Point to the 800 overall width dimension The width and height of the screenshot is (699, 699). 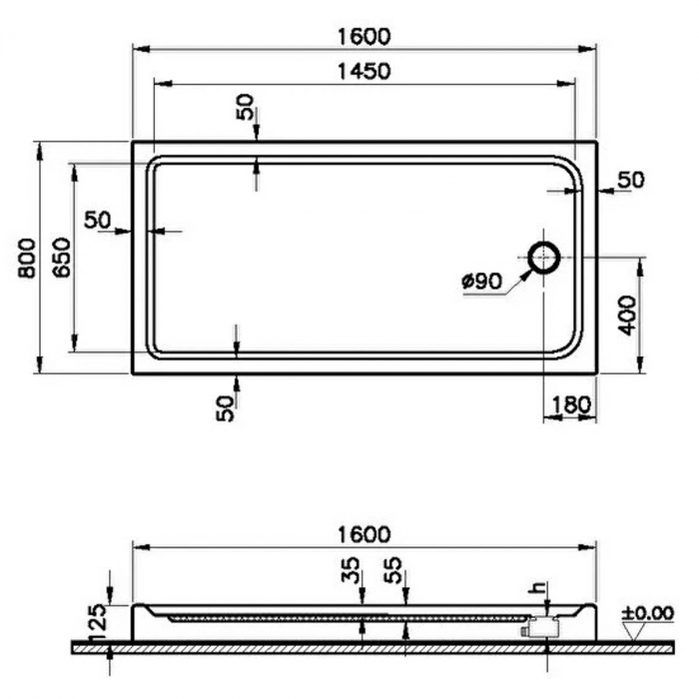(x=27, y=259)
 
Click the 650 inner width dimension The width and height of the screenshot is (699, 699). (x=61, y=259)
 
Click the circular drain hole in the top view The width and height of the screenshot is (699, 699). (x=544, y=258)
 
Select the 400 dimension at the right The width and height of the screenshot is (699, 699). (x=626, y=315)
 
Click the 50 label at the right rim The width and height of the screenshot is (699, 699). (x=631, y=180)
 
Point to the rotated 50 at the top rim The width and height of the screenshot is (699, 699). (x=246, y=108)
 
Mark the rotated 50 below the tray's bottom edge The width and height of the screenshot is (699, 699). (x=228, y=406)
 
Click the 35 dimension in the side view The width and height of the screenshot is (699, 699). (x=350, y=572)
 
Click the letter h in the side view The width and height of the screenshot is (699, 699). (x=541, y=588)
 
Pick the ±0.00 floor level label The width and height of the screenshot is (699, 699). (x=647, y=612)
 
